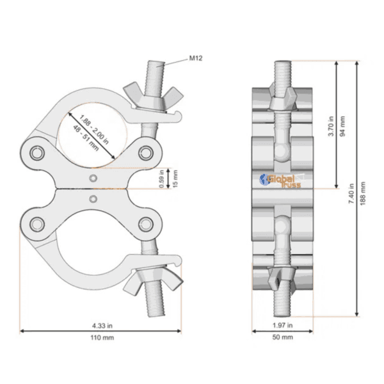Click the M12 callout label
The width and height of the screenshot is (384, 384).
click(196, 58)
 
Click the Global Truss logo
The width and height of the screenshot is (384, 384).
click(282, 181)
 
